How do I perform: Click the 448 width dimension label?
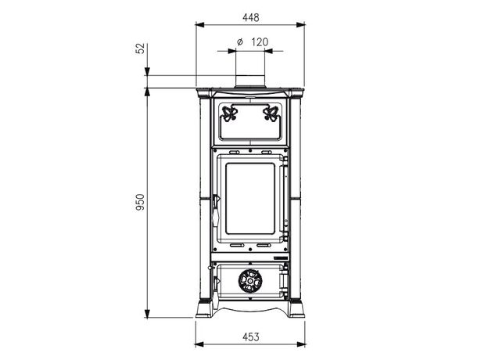[x=250, y=17]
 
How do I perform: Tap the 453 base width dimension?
[x=250, y=337]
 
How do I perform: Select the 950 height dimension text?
[x=140, y=202]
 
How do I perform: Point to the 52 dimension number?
[x=140, y=49]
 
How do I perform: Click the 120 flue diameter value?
[x=260, y=41]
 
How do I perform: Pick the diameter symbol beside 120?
[x=239, y=41]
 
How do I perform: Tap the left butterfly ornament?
[x=228, y=113]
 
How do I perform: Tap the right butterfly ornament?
[x=271, y=113]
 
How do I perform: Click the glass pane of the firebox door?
[x=250, y=198]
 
